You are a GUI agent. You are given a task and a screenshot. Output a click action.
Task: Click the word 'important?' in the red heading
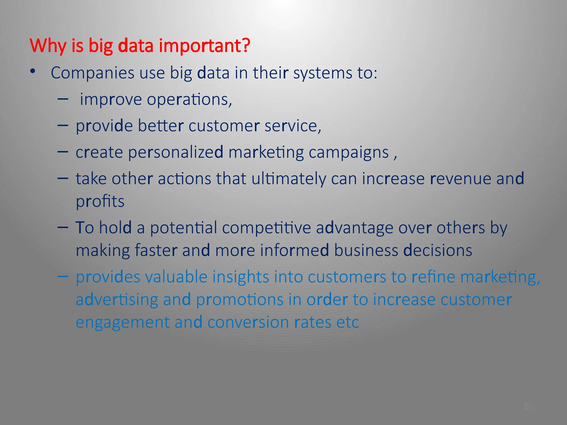[x=204, y=46]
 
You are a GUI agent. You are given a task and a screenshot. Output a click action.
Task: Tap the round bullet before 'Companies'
[x=33, y=71]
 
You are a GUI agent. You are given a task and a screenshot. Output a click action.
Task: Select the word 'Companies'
[x=92, y=73]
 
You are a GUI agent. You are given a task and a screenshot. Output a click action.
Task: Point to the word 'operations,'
[x=189, y=100]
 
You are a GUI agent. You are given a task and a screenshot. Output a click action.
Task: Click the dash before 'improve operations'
[x=63, y=99]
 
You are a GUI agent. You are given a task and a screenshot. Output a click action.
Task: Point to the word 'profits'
[x=100, y=201]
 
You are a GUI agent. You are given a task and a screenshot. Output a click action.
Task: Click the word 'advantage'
[x=354, y=228]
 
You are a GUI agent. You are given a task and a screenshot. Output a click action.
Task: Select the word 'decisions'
[x=437, y=250]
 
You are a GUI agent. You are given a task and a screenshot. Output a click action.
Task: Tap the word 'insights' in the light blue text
[x=241, y=277]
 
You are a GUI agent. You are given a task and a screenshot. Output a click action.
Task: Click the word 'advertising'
[x=117, y=300]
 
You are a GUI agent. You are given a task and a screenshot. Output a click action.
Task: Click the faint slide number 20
[x=528, y=406]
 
